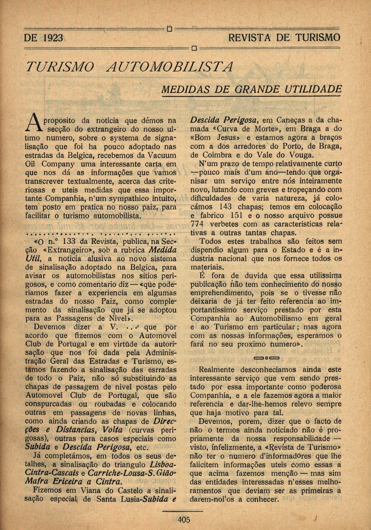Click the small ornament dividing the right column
click(266, 357)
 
